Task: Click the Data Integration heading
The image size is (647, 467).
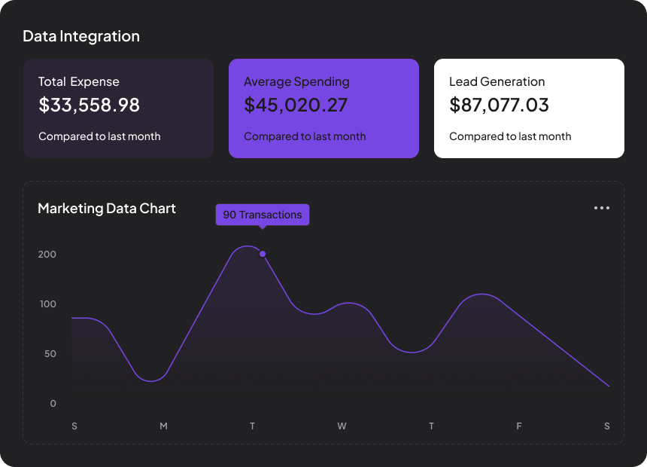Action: tap(81, 36)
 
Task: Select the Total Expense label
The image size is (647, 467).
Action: tap(79, 81)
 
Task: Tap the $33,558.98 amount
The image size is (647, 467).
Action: tap(89, 105)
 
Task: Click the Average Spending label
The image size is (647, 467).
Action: tap(296, 81)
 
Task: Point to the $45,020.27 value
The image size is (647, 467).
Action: tap(296, 105)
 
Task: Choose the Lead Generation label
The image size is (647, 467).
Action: tap(497, 81)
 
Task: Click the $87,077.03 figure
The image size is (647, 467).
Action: tap(499, 105)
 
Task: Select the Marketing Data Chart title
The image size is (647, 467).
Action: tap(107, 208)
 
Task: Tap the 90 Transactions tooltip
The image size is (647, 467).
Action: tap(263, 215)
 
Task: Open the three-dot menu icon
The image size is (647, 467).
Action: tap(602, 208)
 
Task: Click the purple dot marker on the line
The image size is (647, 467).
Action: tap(263, 254)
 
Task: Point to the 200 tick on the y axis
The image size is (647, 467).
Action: tap(47, 255)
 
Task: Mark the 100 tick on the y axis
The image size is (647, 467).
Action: tap(47, 304)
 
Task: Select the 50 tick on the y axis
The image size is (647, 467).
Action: tap(49, 354)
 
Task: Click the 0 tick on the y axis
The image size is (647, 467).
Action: tap(53, 404)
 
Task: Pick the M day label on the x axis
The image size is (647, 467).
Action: tap(163, 426)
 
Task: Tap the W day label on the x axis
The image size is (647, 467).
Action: tap(342, 426)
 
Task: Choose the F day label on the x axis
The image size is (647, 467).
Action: tap(519, 426)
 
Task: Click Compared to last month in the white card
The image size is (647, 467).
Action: tap(510, 136)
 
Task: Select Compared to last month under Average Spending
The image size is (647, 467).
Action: tap(305, 136)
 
